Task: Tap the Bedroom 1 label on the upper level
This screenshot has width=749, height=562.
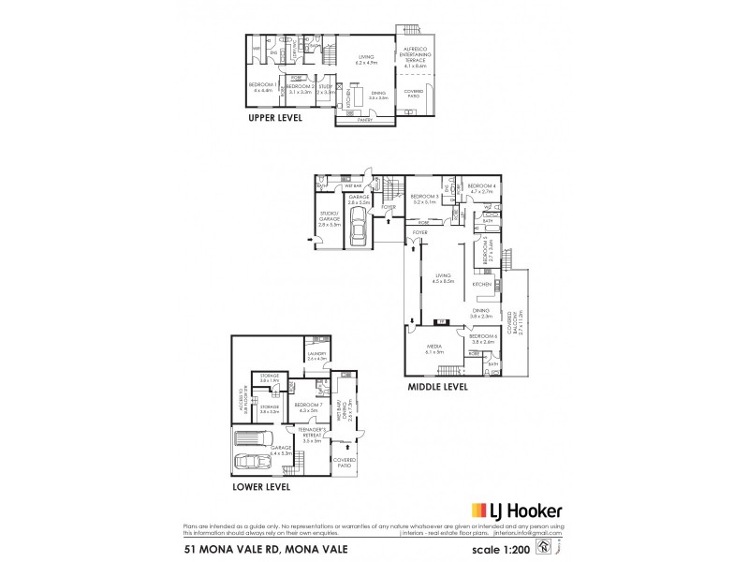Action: point(259,87)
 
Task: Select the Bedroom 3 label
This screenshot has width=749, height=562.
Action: point(425,199)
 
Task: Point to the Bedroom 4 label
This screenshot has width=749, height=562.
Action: point(480,188)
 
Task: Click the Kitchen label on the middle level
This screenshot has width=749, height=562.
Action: point(481,282)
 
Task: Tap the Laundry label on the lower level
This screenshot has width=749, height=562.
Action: point(316,355)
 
